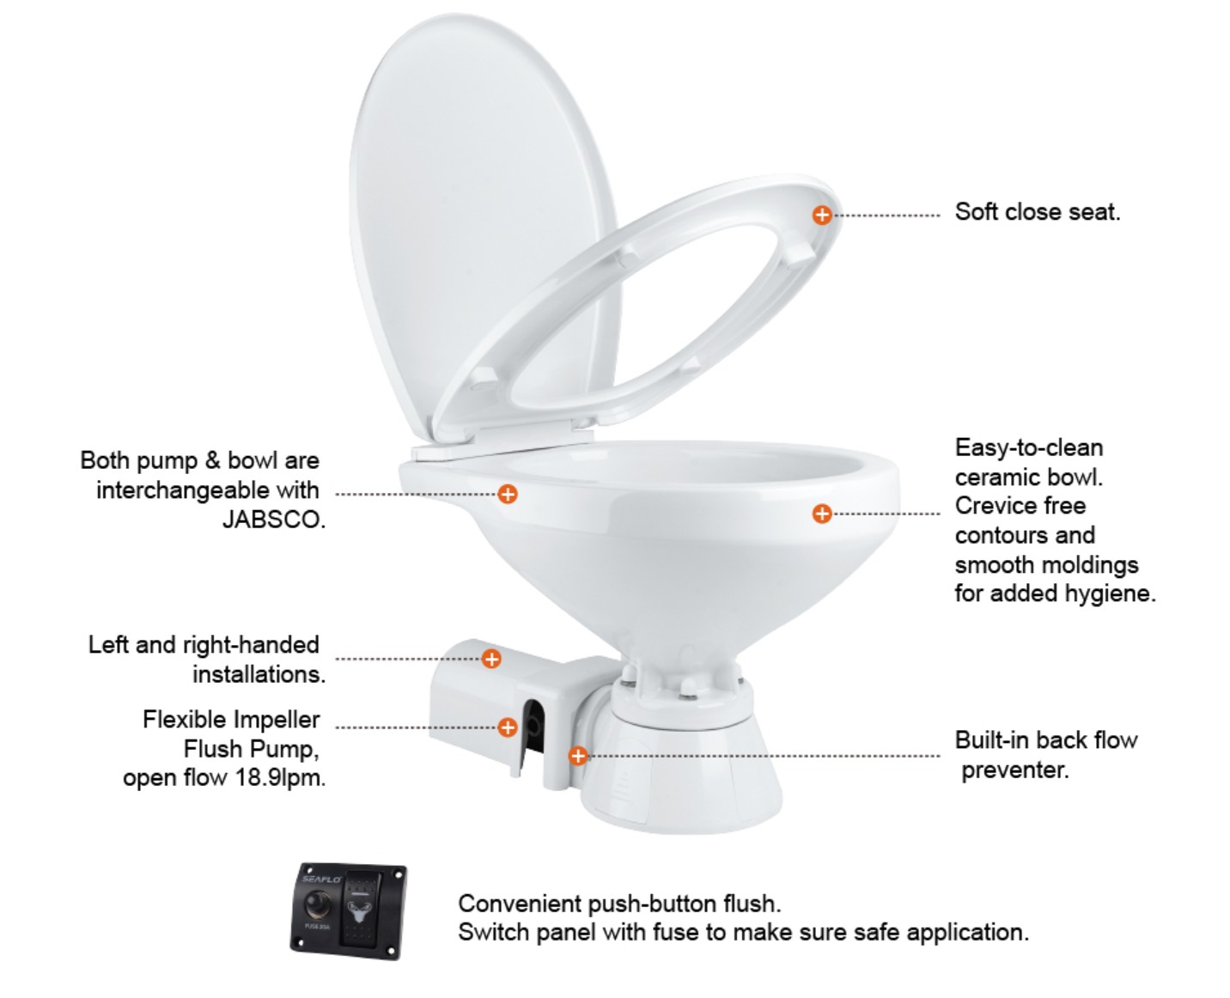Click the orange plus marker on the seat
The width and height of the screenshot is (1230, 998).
point(822,215)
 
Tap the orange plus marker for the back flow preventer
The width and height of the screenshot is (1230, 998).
point(578,756)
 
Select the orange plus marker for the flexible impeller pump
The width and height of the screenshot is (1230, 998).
point(508,727)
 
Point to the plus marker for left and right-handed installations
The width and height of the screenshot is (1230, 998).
point(491,659)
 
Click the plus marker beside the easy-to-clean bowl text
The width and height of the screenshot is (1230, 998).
point(822,513)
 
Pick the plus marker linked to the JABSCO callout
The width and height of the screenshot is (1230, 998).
point(508,494)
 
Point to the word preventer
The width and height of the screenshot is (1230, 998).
point(1015,770)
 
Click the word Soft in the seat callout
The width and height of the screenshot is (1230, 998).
point(976,212)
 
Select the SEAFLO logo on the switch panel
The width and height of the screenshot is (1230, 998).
point(321,879)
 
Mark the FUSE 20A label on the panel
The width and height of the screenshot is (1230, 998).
point(317,927)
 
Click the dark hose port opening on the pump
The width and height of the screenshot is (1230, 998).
point(533,727)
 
